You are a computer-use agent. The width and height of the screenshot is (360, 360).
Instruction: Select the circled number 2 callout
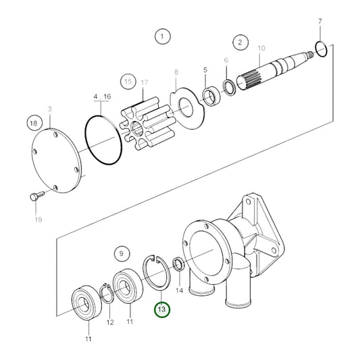(x=239, y=42)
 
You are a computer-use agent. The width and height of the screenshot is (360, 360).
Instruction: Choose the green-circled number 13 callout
(x=162, y=309)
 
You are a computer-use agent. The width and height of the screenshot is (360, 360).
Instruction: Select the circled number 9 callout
(x=122, y=254)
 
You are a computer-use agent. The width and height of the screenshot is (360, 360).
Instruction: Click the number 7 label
(x=319, y=22)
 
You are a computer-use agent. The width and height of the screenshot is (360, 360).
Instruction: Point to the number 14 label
(x=180, y=290)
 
